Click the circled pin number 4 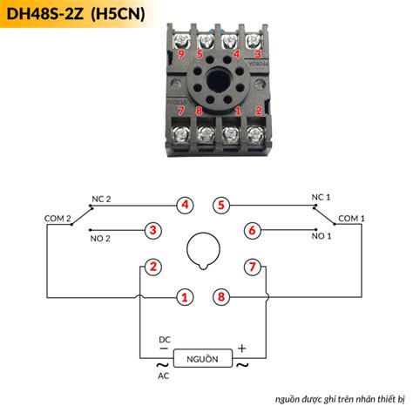pos(184,206)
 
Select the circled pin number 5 pos(222,206)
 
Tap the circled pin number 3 pos(153,231)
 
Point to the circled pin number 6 pos(252,231)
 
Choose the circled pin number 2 pos(153,267)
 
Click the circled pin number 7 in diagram pos(252,267)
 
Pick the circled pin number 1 pos(184,297)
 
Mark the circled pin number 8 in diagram pos(222,297)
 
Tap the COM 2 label pos(58,218)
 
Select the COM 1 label pos(350,218)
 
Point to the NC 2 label pos(102,199)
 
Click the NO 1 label pos(322,236)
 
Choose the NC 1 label pos(322,198)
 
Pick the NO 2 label pos(102,237)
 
